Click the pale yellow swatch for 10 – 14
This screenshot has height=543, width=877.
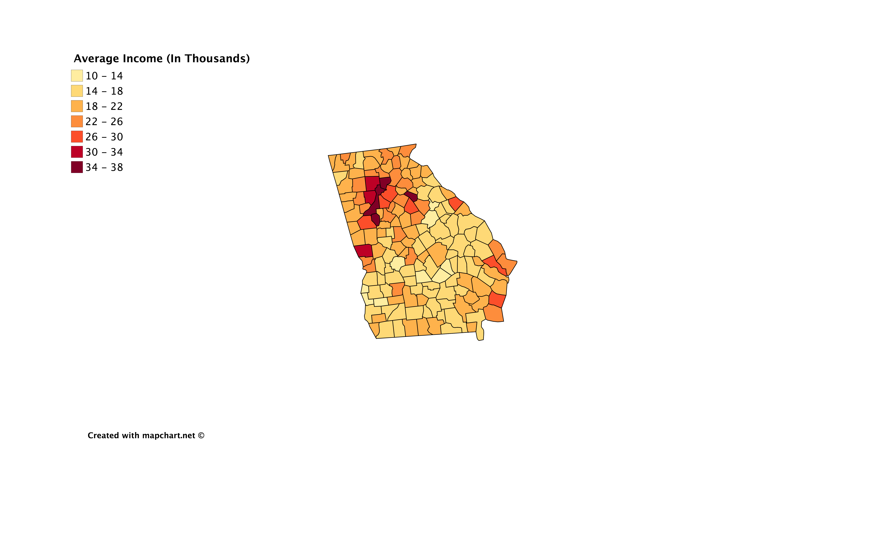[77, 76]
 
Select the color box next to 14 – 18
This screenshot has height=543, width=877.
[77, 91]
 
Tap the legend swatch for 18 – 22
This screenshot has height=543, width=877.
[77, 106]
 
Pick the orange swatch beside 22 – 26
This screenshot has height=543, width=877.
[77, 121]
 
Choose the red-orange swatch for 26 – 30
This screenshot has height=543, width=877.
[77, 137]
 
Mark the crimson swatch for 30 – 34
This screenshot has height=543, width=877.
[77, 152]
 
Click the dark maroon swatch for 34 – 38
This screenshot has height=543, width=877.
[77, 167]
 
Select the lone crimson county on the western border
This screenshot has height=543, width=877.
[364, 250]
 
